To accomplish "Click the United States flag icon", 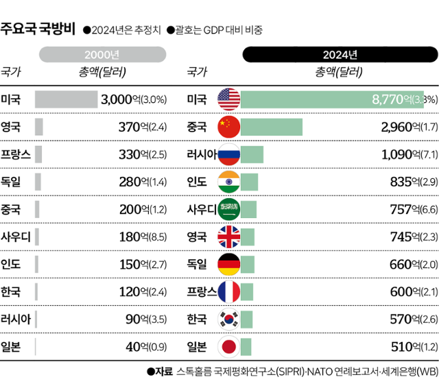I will (x=228, y=99).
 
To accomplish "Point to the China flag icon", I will (x=228, y=127).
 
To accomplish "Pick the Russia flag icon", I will (x=228, y=154).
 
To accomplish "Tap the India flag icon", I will (x=228, y=182).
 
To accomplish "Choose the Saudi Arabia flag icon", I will (x=228, y=209).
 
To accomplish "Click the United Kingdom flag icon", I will (x=228, y=237).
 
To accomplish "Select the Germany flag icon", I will (x=228, y=264).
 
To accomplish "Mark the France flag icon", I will (x=228, y=291).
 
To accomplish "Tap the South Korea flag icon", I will (x=228, y=319).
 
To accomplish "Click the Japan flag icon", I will (x=228, y=346).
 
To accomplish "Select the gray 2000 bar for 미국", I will (x=66, y=99).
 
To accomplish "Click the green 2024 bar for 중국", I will (x=272, y=127).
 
